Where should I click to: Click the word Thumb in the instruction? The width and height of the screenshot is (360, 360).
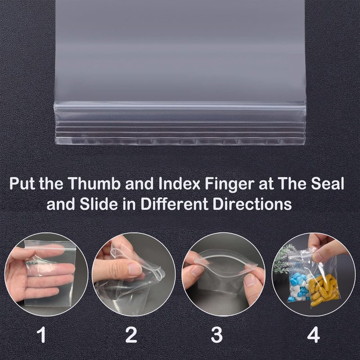point(94,184)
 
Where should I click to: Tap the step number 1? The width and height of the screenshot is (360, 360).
point(42,334)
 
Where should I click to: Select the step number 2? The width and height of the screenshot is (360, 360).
point(131,334)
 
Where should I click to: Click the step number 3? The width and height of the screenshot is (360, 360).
point(217,334)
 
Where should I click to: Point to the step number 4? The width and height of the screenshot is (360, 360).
point(313,334)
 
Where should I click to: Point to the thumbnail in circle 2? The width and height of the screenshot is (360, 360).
point(134,269)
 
